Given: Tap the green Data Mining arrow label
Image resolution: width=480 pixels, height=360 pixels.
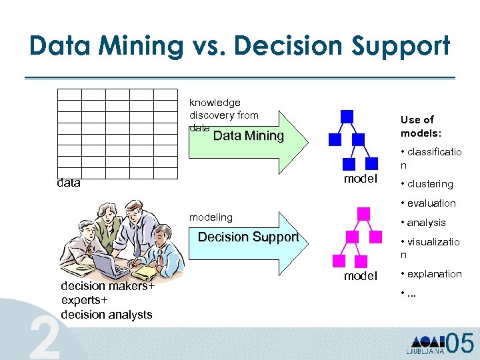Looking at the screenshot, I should [x=248, y=136].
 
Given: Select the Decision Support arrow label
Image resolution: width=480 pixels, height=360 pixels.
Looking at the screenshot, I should [x=249, y=237].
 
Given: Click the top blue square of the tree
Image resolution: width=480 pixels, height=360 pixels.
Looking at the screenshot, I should [x=347, y=117].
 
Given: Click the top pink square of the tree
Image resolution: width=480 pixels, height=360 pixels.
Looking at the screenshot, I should [x=363, y=213].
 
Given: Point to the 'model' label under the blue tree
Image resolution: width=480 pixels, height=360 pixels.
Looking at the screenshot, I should [x=361, y=179].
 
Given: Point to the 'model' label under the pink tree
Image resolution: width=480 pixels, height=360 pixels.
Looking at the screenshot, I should [x=361, y=276].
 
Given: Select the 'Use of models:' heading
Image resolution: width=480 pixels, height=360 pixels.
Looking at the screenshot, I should [x=417, y=126].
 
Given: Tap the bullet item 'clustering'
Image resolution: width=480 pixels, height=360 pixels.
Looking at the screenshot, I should [x=430, y=184].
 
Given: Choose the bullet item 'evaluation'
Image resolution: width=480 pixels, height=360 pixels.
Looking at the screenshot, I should [x=431, y=203].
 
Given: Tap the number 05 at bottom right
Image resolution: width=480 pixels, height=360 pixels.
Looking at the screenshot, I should [x=460, y=343].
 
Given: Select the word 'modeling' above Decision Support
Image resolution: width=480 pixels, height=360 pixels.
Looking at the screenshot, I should [x=211, y=217].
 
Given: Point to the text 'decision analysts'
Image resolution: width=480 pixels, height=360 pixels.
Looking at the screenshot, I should [x=106, y=315].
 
